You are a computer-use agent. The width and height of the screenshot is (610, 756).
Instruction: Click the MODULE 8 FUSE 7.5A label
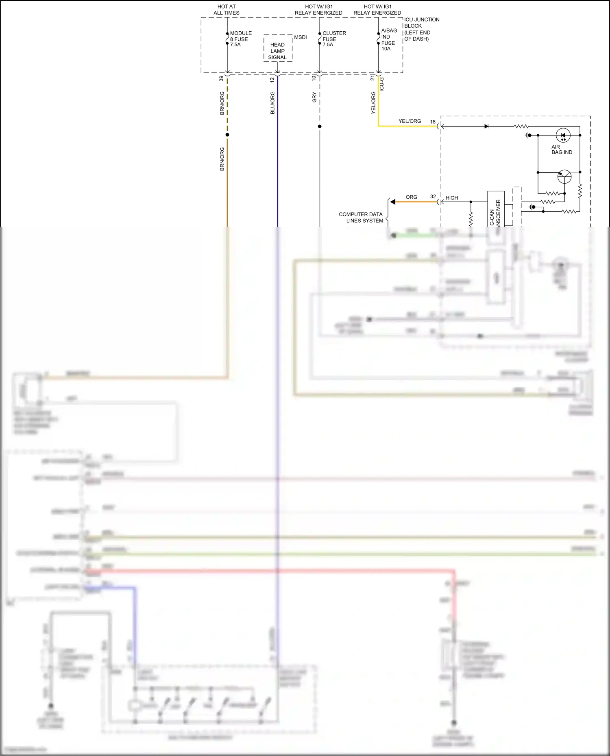[240, 39]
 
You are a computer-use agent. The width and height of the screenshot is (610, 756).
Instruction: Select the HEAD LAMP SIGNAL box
[278, 51]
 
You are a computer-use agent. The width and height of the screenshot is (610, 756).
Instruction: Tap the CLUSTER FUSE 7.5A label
[333, 39]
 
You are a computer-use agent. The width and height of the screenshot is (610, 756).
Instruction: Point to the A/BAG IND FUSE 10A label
[388, 39]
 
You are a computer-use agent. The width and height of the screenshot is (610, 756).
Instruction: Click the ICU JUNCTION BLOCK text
[421, 23]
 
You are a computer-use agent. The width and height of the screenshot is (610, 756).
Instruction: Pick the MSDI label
[301, 37]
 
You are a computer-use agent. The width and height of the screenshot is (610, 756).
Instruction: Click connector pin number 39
[222, 78]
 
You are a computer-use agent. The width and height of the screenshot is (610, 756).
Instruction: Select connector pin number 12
[272, 80]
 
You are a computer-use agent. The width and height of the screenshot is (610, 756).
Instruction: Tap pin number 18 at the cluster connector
[433, 121]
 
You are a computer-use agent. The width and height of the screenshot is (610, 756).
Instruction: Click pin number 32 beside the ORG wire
[433, 197]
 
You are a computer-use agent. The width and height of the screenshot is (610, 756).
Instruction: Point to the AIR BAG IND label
[561, 149]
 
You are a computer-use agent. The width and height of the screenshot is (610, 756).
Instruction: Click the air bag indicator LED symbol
[563, 135]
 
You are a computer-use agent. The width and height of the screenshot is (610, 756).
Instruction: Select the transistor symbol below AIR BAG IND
[564, 177]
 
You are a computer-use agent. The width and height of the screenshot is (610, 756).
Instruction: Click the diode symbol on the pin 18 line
[486, 126]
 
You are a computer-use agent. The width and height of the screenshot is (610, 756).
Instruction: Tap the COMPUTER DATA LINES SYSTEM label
[361, 217]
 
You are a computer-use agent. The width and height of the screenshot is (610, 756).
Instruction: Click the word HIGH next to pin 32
[451, 198]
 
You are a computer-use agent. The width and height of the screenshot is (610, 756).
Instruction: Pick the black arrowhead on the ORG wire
[392, 202]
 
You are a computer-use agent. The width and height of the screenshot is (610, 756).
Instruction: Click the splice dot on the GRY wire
[320, 126]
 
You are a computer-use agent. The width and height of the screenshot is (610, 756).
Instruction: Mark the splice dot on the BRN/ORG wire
[227, 135]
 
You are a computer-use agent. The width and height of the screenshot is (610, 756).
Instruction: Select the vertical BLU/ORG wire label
[272, 103]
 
